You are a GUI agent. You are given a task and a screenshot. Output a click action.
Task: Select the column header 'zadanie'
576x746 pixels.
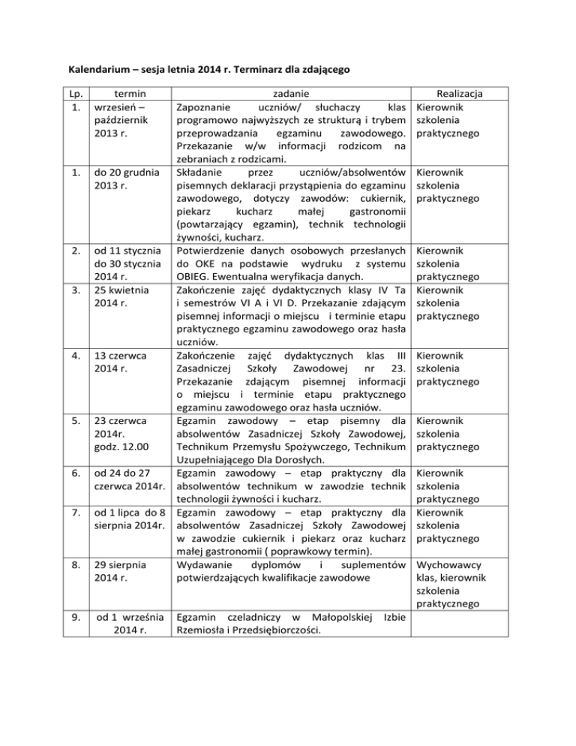292,93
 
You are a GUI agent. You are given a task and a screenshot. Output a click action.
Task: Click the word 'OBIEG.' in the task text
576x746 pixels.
198,275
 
